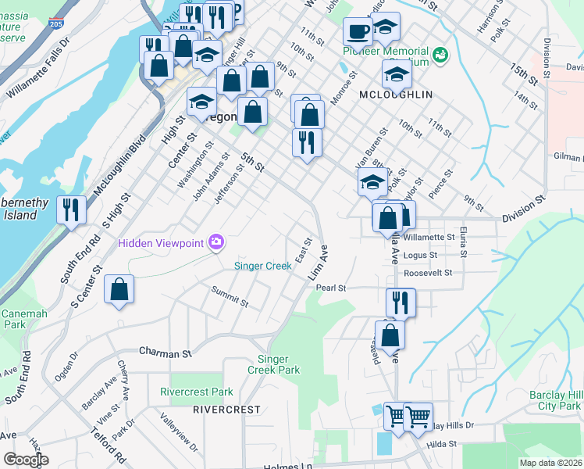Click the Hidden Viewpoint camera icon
click(x=215, y=243)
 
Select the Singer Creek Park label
click(x=279, y=364)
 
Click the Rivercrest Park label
click(x=197, y=392)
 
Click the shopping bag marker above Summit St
click(x=119, y=290)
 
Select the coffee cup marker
click(x=358, y=32)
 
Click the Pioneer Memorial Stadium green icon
click(x=441, y=55)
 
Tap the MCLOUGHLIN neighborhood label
click(x=396, y=95)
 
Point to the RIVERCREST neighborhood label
click(x=226, y=409)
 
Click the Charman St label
click(x=166, y=353)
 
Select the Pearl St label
click(x=331, y=288)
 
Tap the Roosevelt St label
click(x=429, y=273)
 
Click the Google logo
click(x=26, y=460)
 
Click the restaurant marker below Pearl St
click(x=401, y=303)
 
